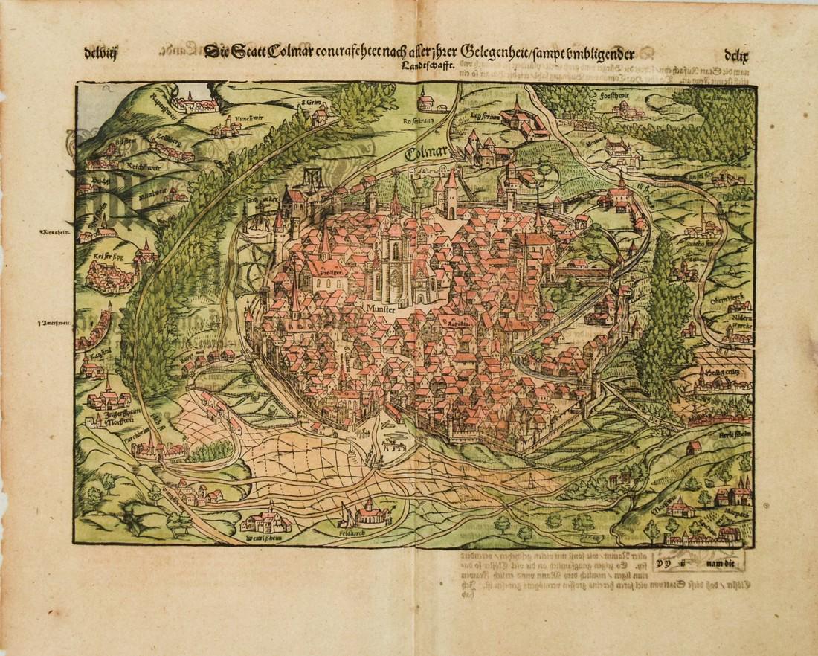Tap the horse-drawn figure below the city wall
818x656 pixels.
pos(392,444)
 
